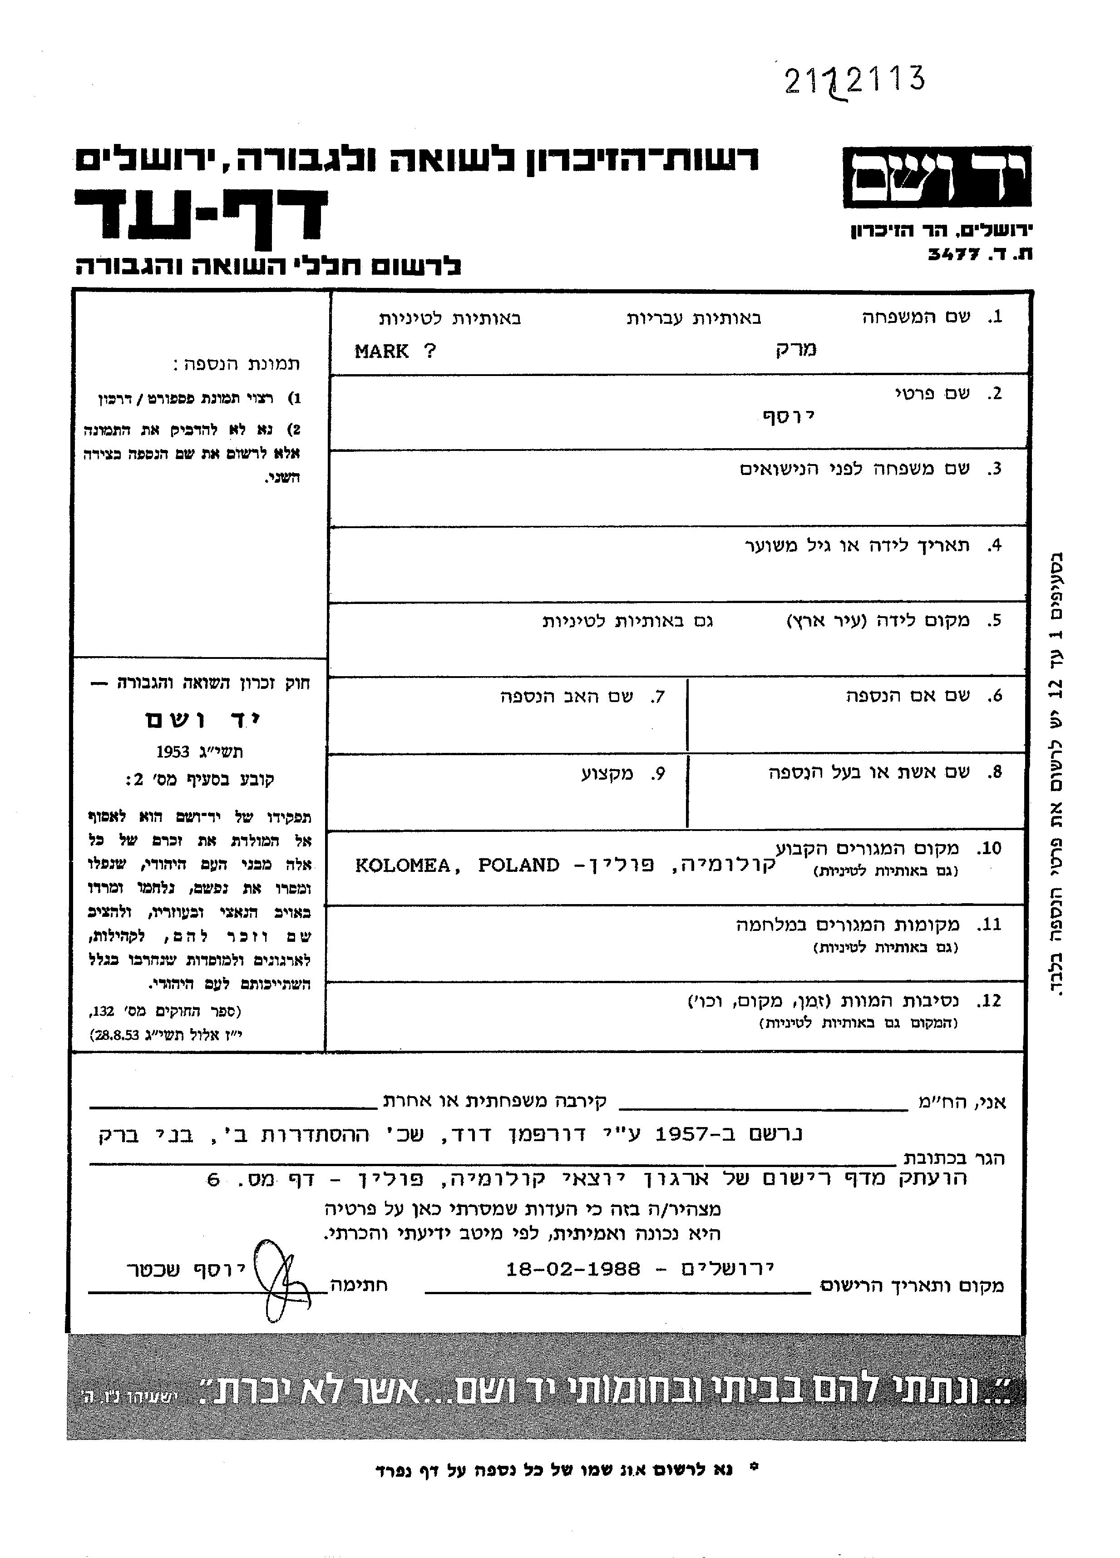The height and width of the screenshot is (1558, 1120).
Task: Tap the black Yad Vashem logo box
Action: [937, 177]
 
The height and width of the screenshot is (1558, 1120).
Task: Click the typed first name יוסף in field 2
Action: [788, 416]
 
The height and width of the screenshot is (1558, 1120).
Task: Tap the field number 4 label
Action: [994, 546]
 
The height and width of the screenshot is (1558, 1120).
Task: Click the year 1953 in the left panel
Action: [173, 752]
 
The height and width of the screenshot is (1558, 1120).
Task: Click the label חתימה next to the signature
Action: [359, 1285]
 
